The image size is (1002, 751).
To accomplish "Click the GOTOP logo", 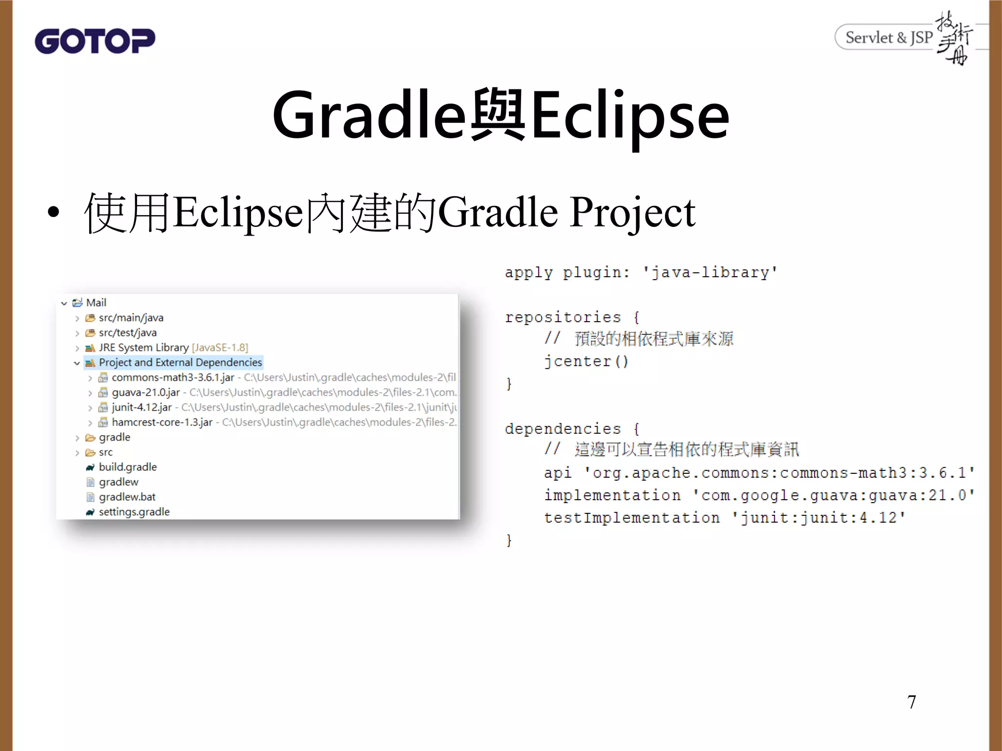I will click(x=95, y=41).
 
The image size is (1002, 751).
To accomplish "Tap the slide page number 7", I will click(x=911, y=702).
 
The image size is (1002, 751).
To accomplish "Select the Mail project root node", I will click(x=96, y=303).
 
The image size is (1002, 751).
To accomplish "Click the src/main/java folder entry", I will click(x=131, y=318).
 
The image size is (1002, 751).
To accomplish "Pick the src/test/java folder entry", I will click(x=127, y=333).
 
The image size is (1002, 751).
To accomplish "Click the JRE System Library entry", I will click(x=143, y=348).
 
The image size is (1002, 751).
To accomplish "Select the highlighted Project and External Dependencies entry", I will click(x=180, y=362).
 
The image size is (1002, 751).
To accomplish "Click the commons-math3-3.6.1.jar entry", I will click(x=173, y=377).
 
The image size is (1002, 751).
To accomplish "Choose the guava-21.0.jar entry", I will click(x=145, y=393).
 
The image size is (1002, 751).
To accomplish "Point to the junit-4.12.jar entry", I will click(x=141, y=407).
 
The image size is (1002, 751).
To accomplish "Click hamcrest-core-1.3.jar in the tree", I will click(x=162, y=422).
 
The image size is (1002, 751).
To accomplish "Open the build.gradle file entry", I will click(x=127, y=467).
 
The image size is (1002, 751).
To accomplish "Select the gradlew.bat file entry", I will click(x=127, y=497).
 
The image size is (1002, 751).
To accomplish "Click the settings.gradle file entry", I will click(x=134, y=512).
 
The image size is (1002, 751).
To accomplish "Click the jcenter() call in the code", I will click(x=586, y=361).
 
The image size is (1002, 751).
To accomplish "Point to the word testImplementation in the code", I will click(x=632, y=517).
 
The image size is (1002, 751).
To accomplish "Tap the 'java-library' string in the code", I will click(x=709, y=272).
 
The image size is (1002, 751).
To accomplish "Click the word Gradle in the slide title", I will click(x=369, y=116).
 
